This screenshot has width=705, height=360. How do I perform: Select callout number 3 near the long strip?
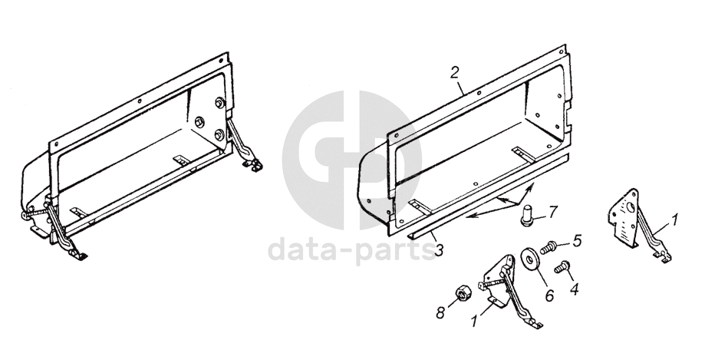click(x=440, y=249)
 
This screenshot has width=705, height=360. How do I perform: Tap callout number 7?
click(x=552, y=210)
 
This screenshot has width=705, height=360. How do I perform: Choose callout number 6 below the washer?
click(x=549, y=295)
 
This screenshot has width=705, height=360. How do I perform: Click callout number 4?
click(x=574, y=289)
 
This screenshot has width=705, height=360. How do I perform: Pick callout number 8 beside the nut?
click(x=440, y=312)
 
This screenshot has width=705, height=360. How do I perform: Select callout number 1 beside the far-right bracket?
click(x=674, y=220)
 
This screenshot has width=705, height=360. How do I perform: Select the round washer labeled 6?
click(x=528, y=258)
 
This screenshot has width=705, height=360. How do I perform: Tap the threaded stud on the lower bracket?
click(x=489, y=282)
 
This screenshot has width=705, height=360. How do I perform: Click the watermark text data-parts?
click(x=351, y=250)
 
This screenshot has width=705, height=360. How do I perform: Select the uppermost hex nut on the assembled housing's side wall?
click(x=219, y=103)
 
